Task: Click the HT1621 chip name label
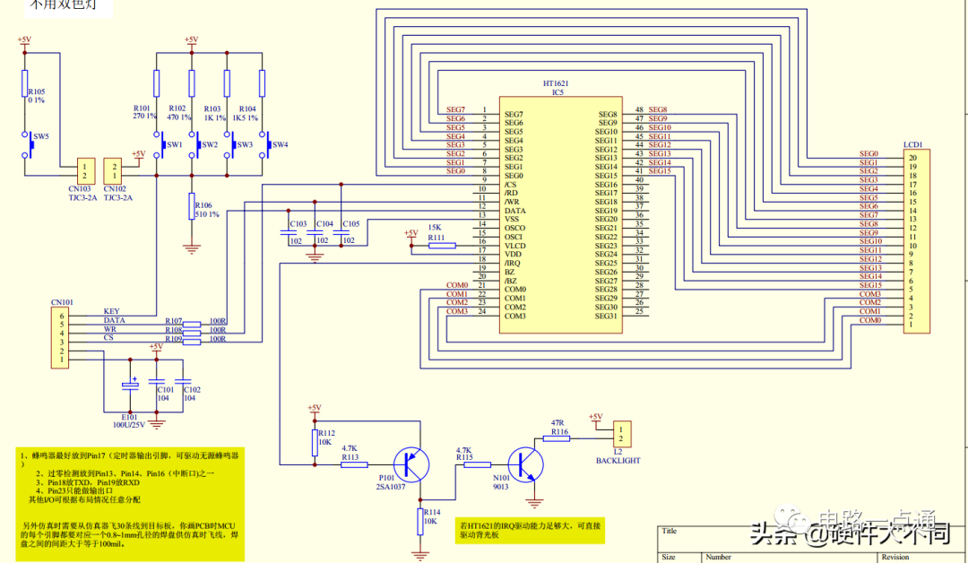(x=555, y=82)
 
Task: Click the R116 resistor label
(x=559, y=431)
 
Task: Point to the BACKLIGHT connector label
(x=618, y=460)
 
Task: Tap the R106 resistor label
(x=203, y=205)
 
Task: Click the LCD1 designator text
(x=913, y=143)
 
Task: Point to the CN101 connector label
(x=62, y=302)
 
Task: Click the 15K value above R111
(x=435, y=228)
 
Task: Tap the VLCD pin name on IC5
(x=514, y=246)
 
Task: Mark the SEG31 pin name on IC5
(x=606, y=316)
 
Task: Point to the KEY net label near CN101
(x=111, y=311)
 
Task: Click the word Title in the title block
(x=670, y=531)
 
